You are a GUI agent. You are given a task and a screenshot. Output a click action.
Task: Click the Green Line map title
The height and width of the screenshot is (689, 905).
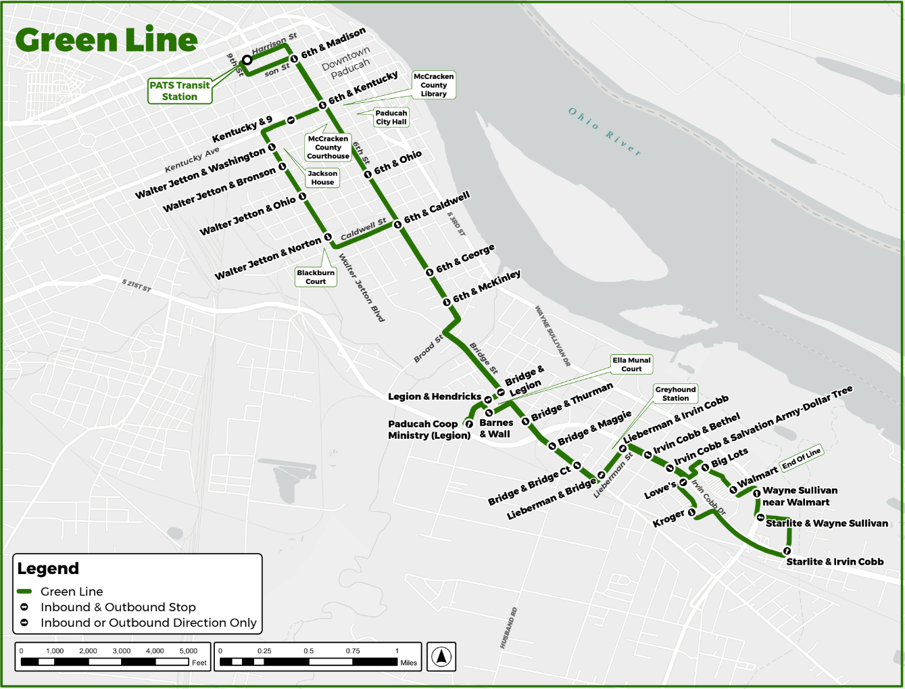[x=106, y=40]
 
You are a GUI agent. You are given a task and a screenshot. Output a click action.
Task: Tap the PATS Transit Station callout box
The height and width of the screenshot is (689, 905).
[x=180, y=91]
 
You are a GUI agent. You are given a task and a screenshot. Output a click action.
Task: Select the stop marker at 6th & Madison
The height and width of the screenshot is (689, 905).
[x=294, y=59]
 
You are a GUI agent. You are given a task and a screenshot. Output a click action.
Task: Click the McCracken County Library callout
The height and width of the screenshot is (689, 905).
[x=433, y=85]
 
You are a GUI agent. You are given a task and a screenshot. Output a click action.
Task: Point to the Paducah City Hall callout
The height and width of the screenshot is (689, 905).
[x=391, y=118]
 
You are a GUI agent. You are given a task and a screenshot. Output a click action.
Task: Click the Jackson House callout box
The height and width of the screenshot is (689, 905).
[x=322, y=178]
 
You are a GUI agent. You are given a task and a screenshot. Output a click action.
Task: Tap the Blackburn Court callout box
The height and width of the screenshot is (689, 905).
[x=316, y=277]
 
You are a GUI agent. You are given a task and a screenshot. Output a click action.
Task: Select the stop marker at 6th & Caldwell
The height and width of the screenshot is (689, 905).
[x=397, y=224]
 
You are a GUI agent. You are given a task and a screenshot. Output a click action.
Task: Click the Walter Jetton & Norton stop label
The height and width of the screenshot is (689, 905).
[x=268, y=258]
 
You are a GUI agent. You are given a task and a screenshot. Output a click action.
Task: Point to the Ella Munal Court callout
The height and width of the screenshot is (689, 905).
[x=631, y=364]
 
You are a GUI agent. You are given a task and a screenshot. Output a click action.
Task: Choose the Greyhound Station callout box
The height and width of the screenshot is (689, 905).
[x=675, y=394]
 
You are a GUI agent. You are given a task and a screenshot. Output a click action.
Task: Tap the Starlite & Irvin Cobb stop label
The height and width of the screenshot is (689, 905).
[x=835, y=562]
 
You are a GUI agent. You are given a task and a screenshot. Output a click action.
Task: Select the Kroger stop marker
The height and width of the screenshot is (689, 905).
[x=691, y=513]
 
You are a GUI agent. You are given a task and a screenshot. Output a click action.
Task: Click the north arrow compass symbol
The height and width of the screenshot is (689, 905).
[x=441, y=656]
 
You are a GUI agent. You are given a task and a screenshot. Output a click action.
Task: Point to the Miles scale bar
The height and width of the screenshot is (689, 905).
[x=318, y=662]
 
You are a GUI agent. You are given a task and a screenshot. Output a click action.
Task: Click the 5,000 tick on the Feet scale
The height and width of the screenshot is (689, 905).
[x=189, y=651]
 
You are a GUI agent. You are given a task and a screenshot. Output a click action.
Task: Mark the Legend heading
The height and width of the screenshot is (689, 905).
[x=48, y=569]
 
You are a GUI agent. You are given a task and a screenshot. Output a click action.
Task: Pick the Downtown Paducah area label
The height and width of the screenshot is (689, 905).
[x=346, y=62]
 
